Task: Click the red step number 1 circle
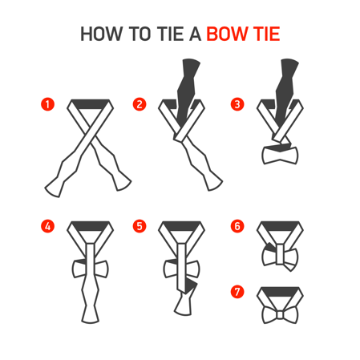pyautogui.click(x=47, y=104)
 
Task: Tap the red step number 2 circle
pyautogui.click(x=140, y=104)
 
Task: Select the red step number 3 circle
pyautogui.click(x=237, y=104)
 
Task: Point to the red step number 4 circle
pyautogui.click(x=47, y=226)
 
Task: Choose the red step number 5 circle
pyautogui.click(x=140, y=226)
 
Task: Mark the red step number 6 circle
pyautogui.click(x=237, y=226)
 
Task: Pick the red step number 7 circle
pyautogui.click(x=237, y=291)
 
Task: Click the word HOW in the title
pyautogui.click(x=101, y=34)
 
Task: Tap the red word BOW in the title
pyautogui.click(x=227, y=34)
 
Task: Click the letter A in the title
pyautogui.click(x=195, y=34)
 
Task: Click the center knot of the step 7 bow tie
pyautogui.click(x=280, y=315)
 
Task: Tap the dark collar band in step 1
pyautogui.click(x=91, y=104)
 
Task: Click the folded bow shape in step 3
pyautogui.click(x=280, y=156)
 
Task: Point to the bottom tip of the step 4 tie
pyautogui.click(x=91, y=322)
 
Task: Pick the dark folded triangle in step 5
pyautogui.click(x=190, y=286)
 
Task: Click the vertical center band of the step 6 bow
pyautogui.click(x=280, y=254)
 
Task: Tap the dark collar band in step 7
pyautogui.click(x=280, y=292)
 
